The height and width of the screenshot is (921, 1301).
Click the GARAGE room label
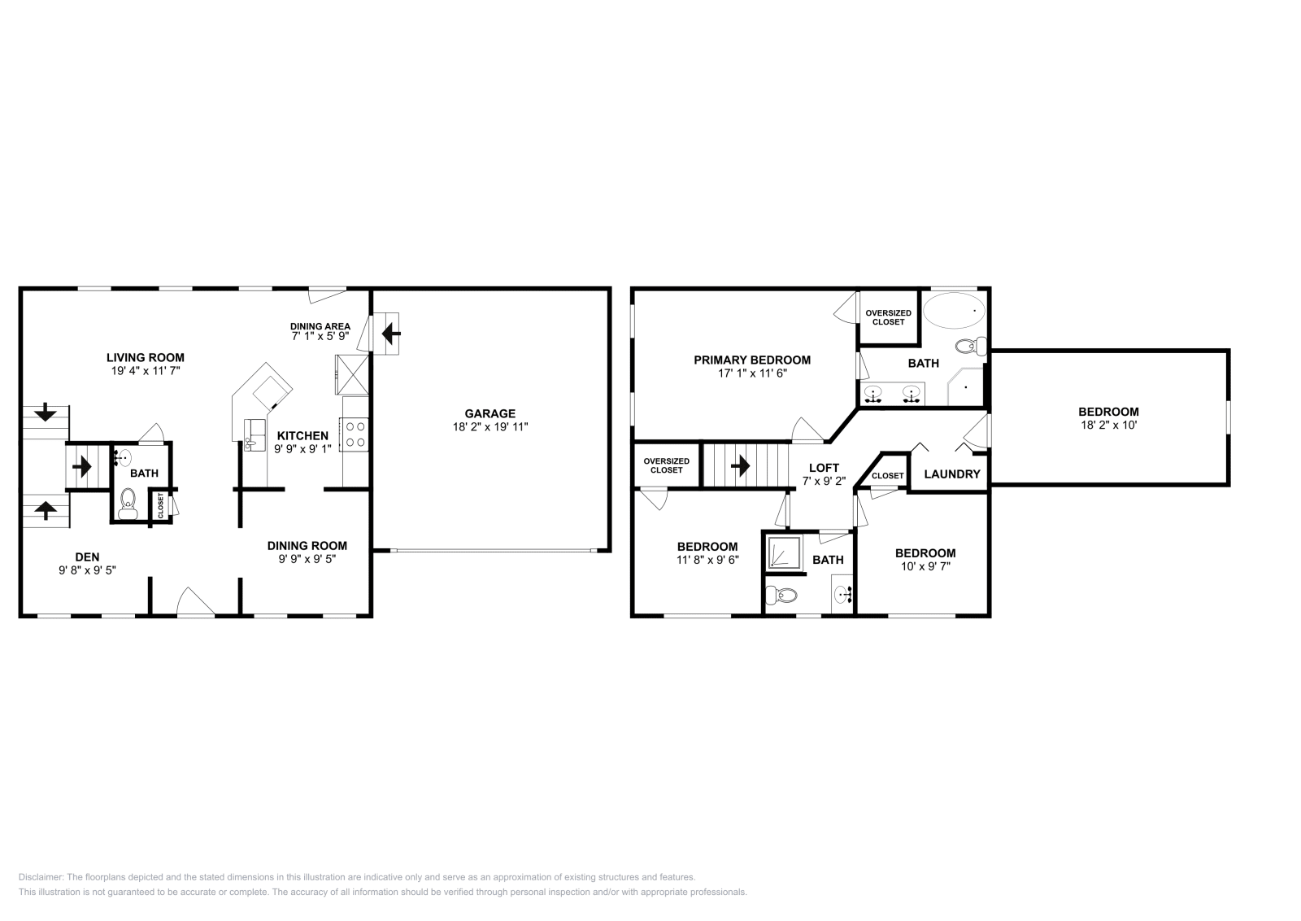coord(490,413)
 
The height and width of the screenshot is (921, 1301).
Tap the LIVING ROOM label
coord(146,357)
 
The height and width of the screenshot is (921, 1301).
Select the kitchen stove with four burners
coord(355,433)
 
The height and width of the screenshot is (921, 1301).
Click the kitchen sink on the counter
coord(250,443)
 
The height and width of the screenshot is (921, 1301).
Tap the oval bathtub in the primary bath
coord(954,311)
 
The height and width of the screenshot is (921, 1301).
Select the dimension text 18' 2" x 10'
coord(1108,425)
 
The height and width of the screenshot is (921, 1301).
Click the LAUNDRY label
coord(952,474)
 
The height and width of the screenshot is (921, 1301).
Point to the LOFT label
coord(824,468)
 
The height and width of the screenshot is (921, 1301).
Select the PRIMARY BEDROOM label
coord(751,360)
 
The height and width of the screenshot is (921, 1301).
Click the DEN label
coord(87,557)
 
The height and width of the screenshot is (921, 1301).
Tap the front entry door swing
coord(196,602)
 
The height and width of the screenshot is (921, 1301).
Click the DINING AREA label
coord(320,326)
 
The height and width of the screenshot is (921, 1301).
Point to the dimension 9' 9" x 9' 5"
coord(307,559)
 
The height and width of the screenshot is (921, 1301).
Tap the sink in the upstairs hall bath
coord(842,595)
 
